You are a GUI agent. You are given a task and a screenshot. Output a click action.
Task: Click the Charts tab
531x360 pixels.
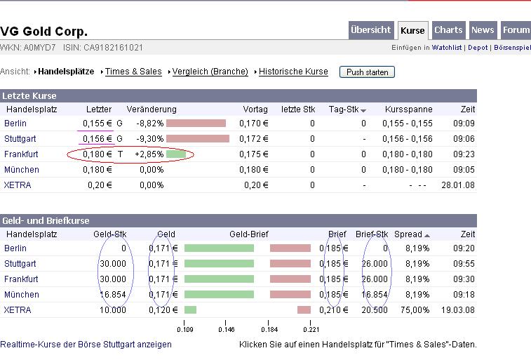tap(448, 30)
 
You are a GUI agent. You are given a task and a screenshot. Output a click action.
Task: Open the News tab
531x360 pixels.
tap(483, 30)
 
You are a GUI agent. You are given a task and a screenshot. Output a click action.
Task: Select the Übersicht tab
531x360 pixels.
tap(370, 30)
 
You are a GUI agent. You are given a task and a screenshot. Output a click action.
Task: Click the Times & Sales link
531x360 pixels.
tap(133, 72)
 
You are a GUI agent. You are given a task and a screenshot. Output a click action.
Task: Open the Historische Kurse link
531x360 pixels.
tap(293, 72)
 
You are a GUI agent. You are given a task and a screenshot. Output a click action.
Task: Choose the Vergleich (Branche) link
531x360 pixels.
tap(210, 72)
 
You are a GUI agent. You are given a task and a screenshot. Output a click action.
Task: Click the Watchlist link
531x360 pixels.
tap(446, 48)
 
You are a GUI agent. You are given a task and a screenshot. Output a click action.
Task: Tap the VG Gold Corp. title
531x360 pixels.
tap(44, 32)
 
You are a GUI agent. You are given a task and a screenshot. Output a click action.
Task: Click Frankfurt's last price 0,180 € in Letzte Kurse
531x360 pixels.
tap(98, 154)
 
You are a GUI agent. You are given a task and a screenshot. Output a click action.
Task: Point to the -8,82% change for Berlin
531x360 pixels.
tap(149, 124)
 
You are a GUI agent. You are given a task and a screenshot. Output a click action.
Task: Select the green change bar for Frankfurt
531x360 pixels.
tap(176, 154)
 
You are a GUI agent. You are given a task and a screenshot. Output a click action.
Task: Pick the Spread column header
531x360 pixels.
tap(408, 234)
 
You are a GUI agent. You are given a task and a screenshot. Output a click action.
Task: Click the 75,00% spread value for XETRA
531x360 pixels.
tap(417, 310)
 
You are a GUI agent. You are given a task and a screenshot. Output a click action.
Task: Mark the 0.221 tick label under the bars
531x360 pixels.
tap(311, 328)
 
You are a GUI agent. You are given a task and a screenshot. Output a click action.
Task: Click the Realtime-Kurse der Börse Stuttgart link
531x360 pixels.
tap(86, 345)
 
